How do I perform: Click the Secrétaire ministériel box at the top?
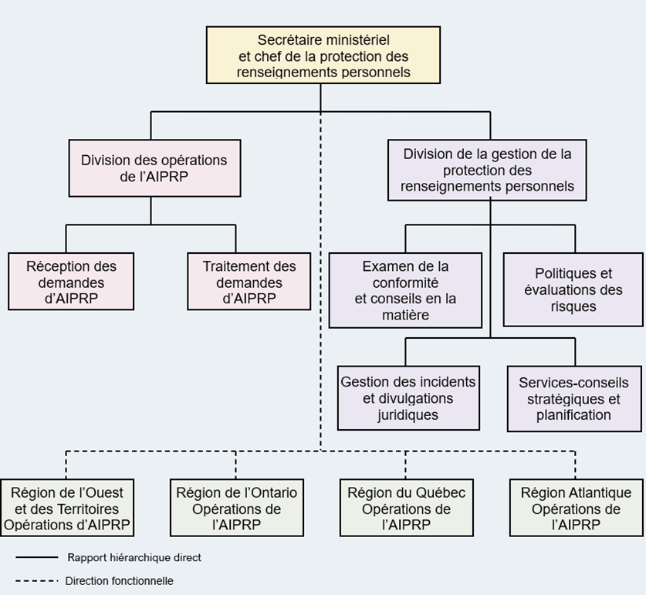click(x=323, y=55)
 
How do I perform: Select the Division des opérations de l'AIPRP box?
click(x=154, y=167)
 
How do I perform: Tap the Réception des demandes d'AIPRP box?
click(x=71, y=282)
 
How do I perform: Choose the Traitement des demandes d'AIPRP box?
click(x=249, y=282)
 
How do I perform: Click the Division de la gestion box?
click(x=487, y=170)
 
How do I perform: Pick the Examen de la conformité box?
click(x=405, y=290)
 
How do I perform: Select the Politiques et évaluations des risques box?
click(x=573, y=289)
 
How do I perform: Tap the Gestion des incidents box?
click(x=408, y=398)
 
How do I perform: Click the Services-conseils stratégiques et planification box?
click(x=573, y=398)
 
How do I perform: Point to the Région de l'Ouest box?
click(x=67, y=508)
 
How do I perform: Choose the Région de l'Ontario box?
click(x=236, y=508)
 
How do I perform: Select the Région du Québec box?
click(x=406, y=508)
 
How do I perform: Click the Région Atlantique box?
click(x=576, y=508)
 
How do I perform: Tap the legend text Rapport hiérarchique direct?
click(x=134, y=557)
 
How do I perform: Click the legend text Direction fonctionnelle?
click(x=119, y=581)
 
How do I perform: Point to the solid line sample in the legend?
click(x=36, y=557)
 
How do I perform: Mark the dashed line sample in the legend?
click(x=36, y=581)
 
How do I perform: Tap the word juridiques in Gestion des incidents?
click(x=408, y=415)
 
